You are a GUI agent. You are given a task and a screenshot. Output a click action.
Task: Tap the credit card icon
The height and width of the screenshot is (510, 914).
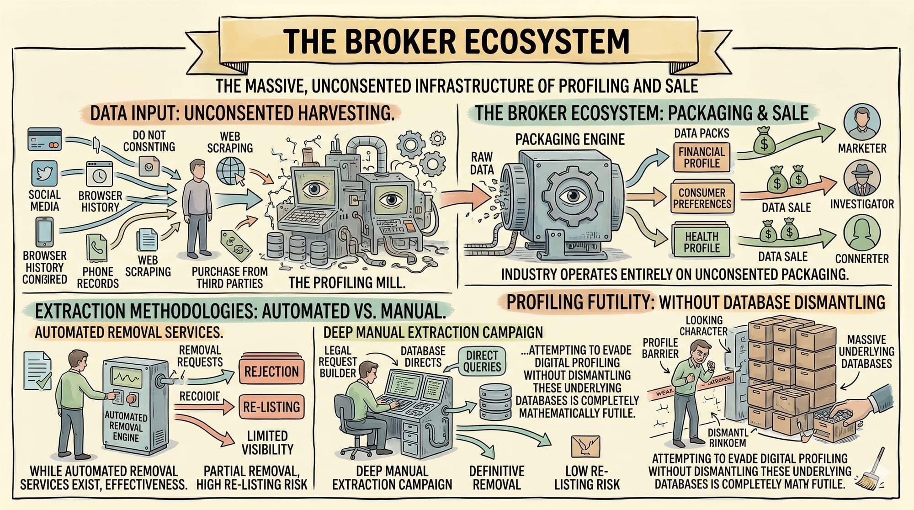coord(44,139)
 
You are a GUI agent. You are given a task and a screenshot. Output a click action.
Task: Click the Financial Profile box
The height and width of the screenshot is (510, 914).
coord(701,158)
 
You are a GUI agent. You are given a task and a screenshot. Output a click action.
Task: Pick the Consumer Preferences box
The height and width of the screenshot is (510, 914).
coord(702,198)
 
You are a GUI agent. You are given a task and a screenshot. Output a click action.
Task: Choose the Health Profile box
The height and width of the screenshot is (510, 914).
coord(701,242)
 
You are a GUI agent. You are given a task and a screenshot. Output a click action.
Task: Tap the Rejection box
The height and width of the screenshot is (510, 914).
coord(271,372)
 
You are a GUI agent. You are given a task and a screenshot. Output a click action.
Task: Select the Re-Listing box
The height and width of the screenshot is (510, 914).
coord(271,407)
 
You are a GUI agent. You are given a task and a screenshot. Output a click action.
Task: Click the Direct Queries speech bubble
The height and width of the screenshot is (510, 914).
coord(482,361)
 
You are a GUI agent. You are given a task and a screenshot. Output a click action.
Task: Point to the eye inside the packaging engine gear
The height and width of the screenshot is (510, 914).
coord(569,196)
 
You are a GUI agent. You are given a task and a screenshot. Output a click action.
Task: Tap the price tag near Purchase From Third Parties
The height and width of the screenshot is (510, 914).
coord(236,246)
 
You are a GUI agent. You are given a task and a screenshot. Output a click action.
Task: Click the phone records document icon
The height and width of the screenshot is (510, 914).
coord(97,248)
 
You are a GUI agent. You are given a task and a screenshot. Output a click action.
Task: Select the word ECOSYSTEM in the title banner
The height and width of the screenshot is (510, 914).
coord(547,41)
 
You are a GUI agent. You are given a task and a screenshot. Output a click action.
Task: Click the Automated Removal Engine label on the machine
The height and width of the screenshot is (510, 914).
coord(126,426)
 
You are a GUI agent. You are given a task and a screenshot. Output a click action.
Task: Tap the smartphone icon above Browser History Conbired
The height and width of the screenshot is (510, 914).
coord(44,232)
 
